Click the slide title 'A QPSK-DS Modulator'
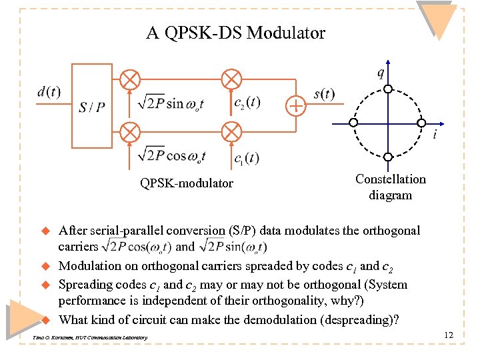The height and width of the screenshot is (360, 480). click(x=235, y=33)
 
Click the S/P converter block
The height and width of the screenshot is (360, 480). click(x=91, y=106)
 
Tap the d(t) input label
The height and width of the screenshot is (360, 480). click(x=48, y=91)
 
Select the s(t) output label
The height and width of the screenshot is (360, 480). click(x=325, y=93)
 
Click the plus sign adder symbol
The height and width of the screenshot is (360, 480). click(x=295, y=105)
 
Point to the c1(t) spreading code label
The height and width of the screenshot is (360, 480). click(x=247, y=158)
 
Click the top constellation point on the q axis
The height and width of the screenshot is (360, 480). click(x=387, y=89)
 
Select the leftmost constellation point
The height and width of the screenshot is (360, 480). click(x=354, y=123)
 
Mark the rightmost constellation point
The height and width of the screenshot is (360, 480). click(x=421, y=123)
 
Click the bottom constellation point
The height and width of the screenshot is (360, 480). click(x=387, y=157)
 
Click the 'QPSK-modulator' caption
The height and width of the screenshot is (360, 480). click(x=186, y=183)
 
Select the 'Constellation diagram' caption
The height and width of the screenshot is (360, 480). click(x=391, y=187)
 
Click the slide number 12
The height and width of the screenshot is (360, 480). click(x=448, y=335)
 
